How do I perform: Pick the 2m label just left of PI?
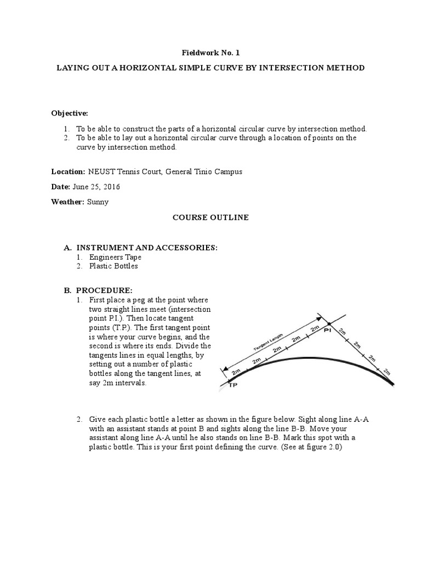click(315, 329)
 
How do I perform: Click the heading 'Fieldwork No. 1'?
click(210, 53)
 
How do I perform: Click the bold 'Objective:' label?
click(70, 113)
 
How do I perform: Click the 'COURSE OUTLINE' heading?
click(210, 217)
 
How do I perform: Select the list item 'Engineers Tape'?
click(116, 257)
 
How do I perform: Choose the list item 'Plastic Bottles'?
click(114, 266)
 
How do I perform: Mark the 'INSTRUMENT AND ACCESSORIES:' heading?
click(146, 248)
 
